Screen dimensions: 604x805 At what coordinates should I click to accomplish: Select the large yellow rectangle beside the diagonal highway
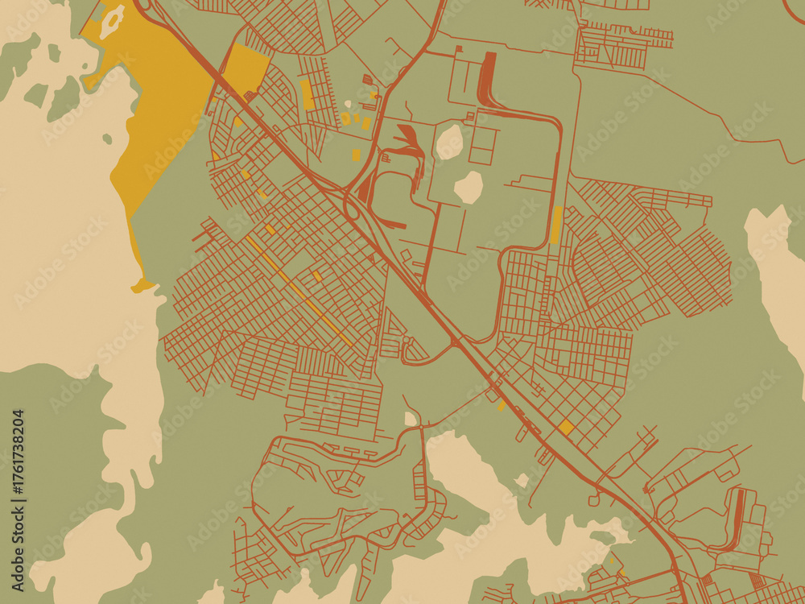246,69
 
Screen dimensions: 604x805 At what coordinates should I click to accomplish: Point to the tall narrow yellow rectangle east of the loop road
556,225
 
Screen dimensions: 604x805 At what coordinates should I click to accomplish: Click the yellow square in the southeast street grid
566,427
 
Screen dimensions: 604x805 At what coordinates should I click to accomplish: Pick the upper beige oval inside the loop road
449,142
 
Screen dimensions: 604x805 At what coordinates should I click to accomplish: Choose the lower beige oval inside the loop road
469,187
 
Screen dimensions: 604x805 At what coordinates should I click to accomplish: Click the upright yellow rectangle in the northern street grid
307,94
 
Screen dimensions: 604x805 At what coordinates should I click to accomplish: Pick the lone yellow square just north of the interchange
356,154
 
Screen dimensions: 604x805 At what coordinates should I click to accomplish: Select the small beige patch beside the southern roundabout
411,419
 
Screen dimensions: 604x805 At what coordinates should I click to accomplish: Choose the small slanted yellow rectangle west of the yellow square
502,405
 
